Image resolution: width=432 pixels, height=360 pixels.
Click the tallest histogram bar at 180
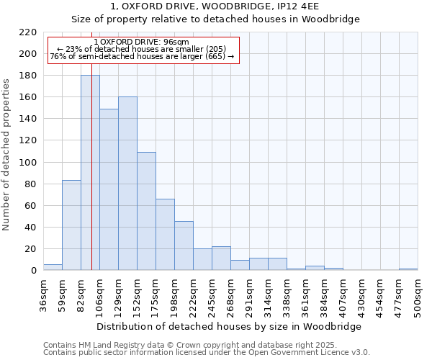90,173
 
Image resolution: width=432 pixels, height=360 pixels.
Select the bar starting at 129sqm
127,184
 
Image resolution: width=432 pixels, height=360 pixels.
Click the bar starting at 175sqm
165,235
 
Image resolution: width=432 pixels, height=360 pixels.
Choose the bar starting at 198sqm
184,246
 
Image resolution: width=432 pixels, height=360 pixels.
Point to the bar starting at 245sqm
221,258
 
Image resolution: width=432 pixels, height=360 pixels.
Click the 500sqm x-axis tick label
418,294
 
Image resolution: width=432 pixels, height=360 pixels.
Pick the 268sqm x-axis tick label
230,294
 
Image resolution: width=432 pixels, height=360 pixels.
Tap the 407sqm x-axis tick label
343,294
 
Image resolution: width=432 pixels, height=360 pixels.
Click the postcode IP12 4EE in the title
295,6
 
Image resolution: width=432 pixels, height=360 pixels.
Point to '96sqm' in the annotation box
176,42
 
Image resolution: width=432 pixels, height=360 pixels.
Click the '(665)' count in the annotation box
215,57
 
